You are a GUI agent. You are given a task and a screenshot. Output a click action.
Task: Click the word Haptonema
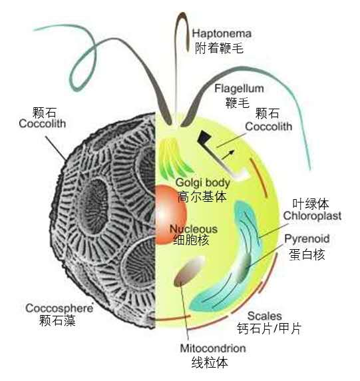[222, 33]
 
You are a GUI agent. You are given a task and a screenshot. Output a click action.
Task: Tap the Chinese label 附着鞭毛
[219, 48]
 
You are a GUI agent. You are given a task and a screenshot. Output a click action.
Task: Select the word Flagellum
[239, 89]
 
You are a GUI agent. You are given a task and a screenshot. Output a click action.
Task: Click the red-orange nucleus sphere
[170, 214]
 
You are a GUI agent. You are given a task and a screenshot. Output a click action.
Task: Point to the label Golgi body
[203, 183]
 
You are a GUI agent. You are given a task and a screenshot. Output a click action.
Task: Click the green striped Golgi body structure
[174, 158]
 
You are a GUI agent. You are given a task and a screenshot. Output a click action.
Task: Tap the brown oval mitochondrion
[189, 270]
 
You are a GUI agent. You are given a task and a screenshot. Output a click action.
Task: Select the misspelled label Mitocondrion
[213, 348]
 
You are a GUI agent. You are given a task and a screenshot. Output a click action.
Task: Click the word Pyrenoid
[307, 239]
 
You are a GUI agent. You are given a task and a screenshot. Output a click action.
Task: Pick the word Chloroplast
[312, 216]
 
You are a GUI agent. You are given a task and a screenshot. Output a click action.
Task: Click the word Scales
[264, 316]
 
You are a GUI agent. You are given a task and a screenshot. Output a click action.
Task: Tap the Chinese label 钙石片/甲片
[269, 328]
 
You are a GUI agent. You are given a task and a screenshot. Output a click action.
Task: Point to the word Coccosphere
[59, 308]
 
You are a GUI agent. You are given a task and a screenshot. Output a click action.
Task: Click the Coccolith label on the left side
[42, 123]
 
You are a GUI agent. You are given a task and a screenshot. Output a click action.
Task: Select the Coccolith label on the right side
[268, 127]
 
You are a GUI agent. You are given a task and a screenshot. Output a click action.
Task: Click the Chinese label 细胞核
[191, 240]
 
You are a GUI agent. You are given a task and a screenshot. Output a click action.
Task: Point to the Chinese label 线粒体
[210, 362]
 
